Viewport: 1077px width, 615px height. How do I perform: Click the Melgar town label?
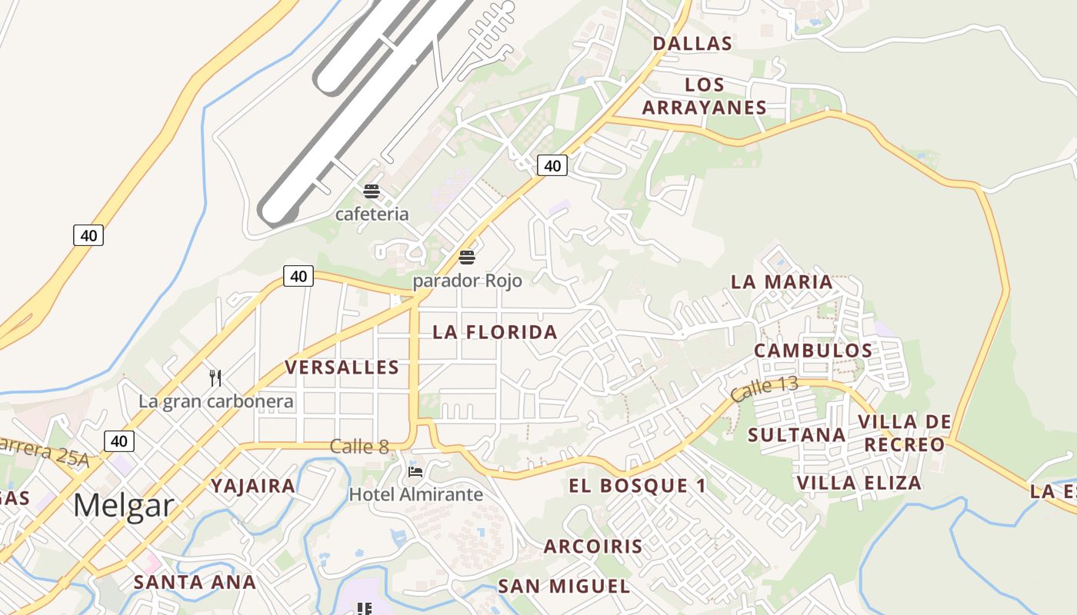click(124, 507)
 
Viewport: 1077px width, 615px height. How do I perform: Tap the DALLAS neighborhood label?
click(692, 44)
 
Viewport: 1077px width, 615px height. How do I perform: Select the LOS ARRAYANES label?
click(705, 96)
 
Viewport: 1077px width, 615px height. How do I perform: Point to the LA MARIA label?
click(782, 282)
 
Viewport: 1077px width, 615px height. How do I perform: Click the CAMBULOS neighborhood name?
click(813, 351)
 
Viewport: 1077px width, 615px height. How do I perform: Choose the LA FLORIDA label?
click(495, 332)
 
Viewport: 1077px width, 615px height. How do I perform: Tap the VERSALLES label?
click(342, 367)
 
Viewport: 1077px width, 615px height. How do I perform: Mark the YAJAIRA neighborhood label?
click(253, 486)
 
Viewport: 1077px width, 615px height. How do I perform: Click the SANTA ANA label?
click(195, 582)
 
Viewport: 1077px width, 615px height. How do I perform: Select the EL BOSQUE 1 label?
click(638, 486)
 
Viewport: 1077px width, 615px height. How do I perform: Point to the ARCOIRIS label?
click(593, 547)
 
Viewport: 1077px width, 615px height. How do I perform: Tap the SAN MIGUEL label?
click(564, 587)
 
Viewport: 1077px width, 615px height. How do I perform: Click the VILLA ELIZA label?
click(859, 483)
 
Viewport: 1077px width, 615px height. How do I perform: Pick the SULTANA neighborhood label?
click(797, 435)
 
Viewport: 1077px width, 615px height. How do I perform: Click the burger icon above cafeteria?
click(372, 191)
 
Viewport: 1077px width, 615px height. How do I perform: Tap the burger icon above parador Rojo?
click(467, 258)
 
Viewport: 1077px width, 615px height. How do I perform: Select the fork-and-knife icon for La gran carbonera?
click(215, 377)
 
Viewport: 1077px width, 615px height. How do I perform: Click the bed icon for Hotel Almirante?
click(415, 471)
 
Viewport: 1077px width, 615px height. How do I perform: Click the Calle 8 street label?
click(359, 446)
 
